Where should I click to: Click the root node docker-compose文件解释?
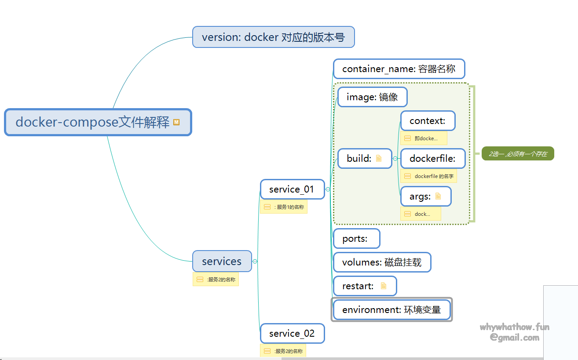pos(98,122)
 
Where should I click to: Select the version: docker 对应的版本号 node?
pos(273,37)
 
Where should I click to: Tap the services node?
pos(222,261)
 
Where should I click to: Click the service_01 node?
pos(292,189)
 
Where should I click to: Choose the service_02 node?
pos(292,334)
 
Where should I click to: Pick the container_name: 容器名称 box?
pos(399,69)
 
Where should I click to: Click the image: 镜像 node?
pos(372,97)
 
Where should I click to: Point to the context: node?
pos(427,121)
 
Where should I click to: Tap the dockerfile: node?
pos(432,159)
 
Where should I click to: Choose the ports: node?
pos(356,239)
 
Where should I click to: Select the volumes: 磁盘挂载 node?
pos(381,262)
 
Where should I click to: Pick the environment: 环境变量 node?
pos(391,310)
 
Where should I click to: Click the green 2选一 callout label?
pos(518,154)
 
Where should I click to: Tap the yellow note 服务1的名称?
pos(284,207)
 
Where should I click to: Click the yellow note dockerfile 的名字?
pos(429,176)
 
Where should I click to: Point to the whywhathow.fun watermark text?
pos(515,327)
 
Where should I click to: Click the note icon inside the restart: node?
pos(383,286)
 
